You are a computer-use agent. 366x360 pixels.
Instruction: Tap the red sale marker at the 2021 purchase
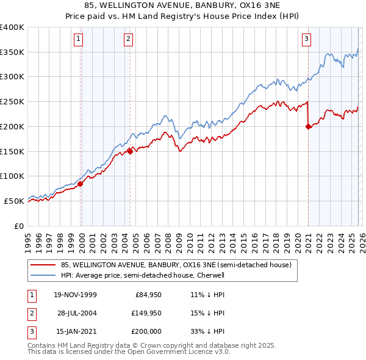tap(308, 126)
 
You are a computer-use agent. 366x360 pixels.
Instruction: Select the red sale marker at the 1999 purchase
tap(81, 183)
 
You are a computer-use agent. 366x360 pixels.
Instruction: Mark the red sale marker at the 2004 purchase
tap(131, 151)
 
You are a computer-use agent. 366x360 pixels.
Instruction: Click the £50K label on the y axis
tap(14, 201)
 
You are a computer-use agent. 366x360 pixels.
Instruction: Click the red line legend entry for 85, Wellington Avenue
tap(176, 265)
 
